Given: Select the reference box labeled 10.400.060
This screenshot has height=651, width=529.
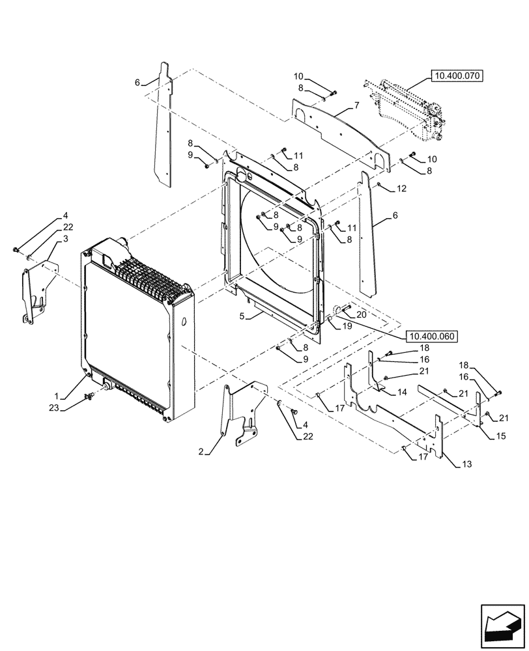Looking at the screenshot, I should pyautogui.click(x=431, y=337).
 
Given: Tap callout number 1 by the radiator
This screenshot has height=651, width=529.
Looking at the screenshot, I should pyautogui.click(x=57, y=395).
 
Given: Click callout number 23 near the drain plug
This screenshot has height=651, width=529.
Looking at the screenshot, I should pyautogui.click(x=56, y=409).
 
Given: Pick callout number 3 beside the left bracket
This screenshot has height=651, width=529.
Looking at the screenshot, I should pyautogui.click(x=66, y=240).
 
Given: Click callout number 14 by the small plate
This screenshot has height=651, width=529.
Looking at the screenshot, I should pyautogui.click(x=402, y=393).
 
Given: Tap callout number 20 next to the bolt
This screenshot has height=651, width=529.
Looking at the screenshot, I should pyautogui.click(x=362, y=314).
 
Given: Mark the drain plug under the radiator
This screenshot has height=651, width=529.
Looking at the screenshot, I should pyautogui.click(x=102, y=393).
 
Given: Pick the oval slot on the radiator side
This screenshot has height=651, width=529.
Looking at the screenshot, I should pyautogui.click(x=185, y=322).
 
